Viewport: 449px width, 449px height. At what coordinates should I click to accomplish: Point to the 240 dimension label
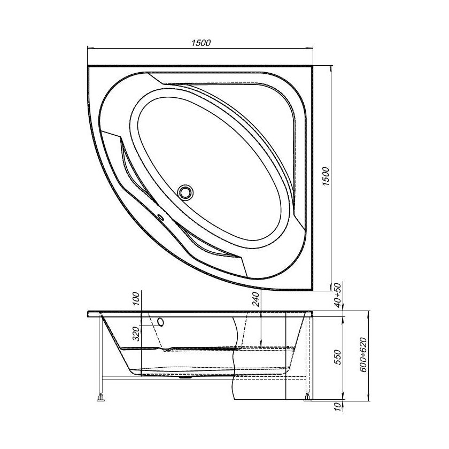point(256,300)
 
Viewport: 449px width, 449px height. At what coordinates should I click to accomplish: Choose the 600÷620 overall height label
point(364,355)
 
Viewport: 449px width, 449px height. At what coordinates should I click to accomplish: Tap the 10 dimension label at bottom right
point(337,407)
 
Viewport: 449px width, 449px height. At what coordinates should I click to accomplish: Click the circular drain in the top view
point(186,191)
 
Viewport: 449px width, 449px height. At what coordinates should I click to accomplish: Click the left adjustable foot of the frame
point(100,397)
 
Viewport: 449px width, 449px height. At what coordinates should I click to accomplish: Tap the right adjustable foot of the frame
point(308,397)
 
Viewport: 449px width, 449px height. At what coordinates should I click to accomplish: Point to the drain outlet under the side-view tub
point(185,377)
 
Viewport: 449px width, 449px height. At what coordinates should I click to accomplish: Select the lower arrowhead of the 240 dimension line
point(260,344)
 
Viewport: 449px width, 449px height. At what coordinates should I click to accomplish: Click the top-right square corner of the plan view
point(313,67)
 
